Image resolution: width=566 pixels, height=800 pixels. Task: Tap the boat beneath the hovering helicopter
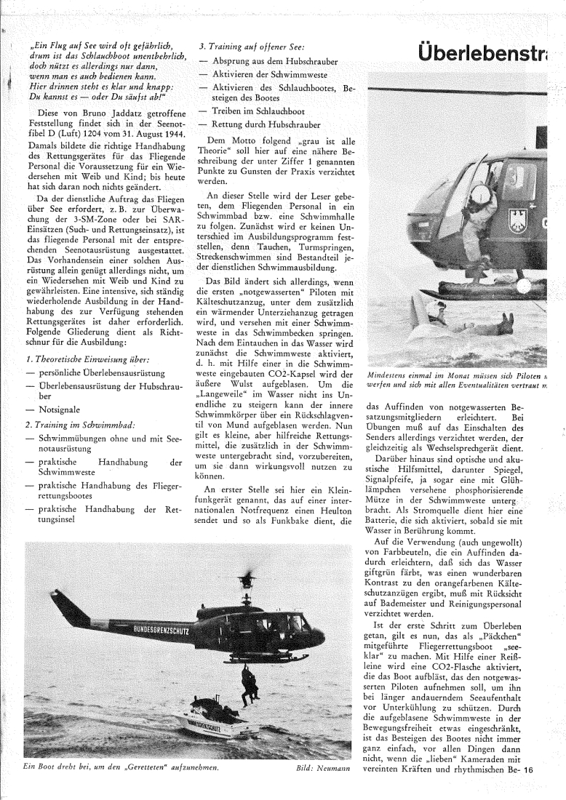208,719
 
